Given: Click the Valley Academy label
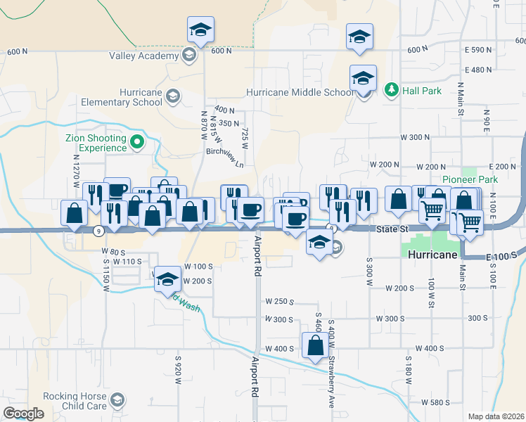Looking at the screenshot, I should point(143,56).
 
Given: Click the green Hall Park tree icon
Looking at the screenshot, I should point(391,90).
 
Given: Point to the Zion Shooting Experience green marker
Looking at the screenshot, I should point(138,143).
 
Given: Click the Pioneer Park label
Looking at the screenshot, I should point(470,179).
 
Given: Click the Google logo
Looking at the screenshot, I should point(23,414).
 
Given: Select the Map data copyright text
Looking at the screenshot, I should point(496,416).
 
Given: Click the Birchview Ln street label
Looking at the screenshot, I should point(224,158).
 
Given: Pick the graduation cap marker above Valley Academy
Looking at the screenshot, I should point(200,30).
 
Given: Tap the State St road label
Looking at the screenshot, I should point(392,229).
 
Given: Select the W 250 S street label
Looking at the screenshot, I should point(278,301).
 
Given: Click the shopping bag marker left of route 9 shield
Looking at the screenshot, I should point(75,213).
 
